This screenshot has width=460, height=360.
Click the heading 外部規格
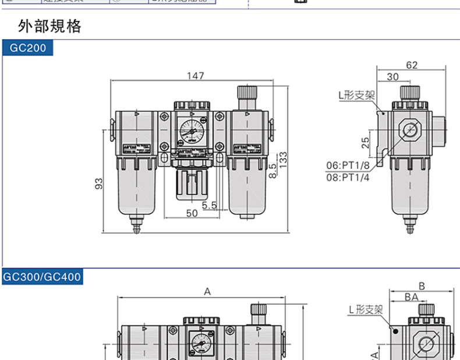pos(50,26)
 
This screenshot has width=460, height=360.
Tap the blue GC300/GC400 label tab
pos(42,277)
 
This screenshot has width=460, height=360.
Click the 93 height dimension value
pos(99,183)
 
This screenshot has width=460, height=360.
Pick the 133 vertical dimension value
pos(283,160)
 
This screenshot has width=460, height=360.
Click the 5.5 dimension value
pos(209,205)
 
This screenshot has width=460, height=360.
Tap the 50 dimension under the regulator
pos(192,214)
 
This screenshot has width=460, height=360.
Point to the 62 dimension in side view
pos(412,65)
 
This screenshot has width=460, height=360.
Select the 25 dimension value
pos(365,142)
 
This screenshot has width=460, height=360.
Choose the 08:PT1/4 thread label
pos(348,178)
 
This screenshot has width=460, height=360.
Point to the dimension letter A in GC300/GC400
pos(207,292)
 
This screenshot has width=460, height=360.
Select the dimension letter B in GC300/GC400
pos(422,285)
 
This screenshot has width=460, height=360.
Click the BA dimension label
pos(412,297)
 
